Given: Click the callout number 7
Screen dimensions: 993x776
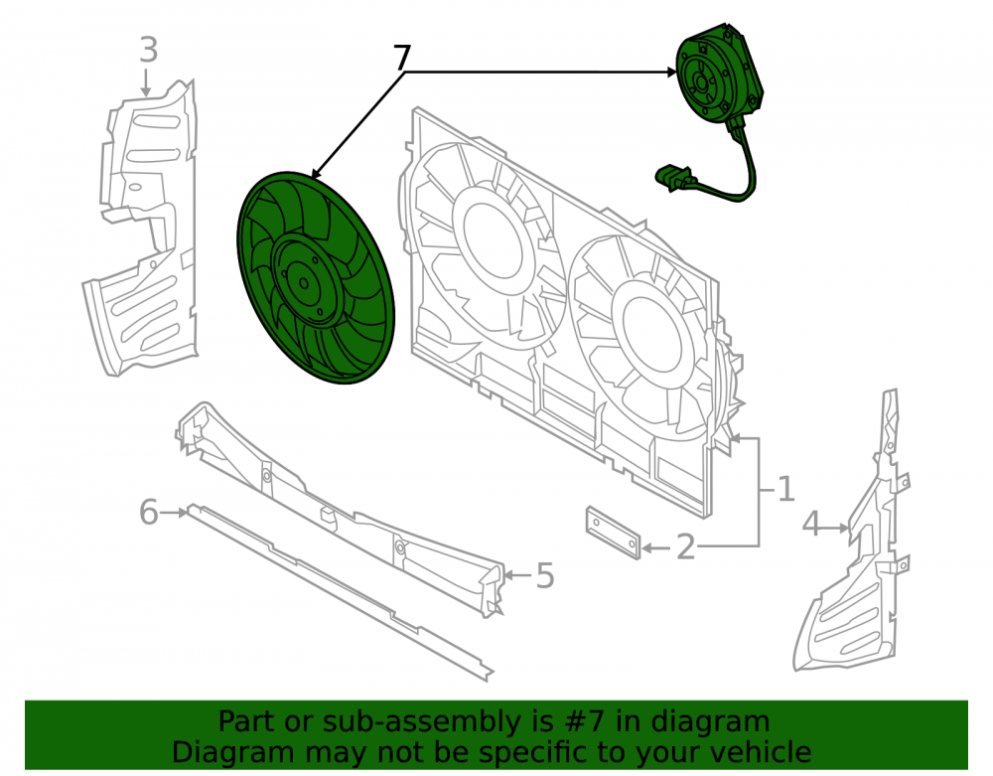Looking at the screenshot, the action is (x=402, y=58).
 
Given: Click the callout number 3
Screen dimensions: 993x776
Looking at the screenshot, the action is (x=148, y=50).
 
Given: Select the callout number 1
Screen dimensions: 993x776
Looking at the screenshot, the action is (x=785, y=489).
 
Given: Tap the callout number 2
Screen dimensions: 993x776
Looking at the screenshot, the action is (x=686, y=546).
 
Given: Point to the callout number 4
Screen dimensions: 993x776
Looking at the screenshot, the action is (x=811, y=525).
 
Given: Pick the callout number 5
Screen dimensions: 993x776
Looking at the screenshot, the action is (x=545, y=576).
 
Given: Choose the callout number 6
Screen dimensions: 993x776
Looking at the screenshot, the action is (x=148, y=512).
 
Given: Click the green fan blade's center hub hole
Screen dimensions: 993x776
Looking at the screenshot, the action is (x=304, y=284).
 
